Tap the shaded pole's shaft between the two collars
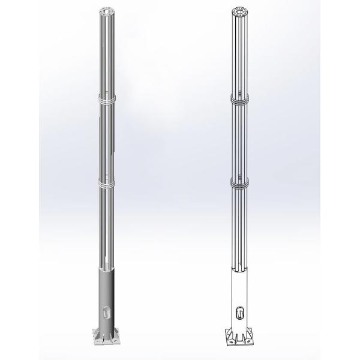[x=106, y=141]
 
